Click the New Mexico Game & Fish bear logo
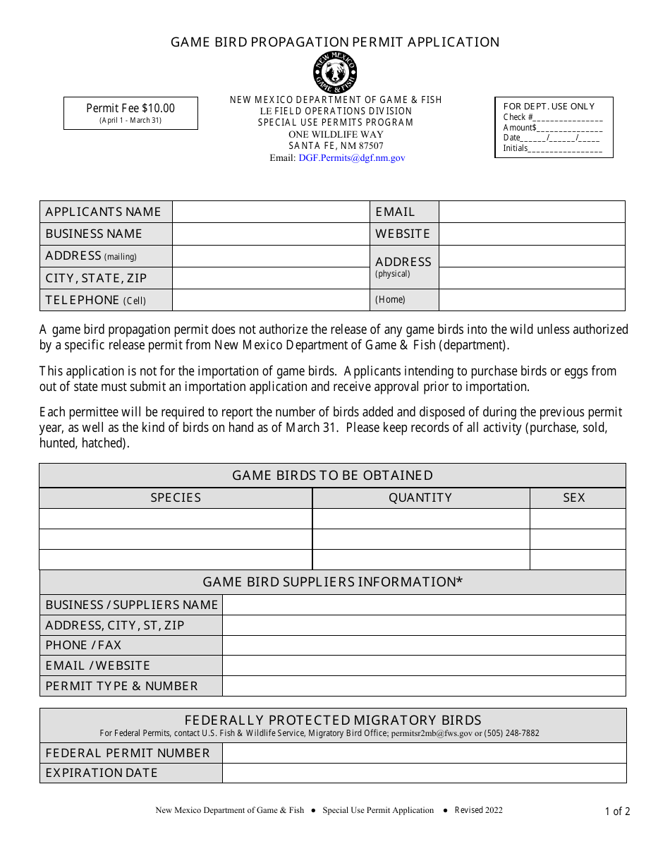click(x=335, y=73)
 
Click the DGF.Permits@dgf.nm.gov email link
click(x=351, y=158)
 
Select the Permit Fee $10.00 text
click(x=130, y=108)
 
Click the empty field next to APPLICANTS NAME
click(x=271, y=212)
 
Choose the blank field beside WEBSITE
click(x=532, y=234)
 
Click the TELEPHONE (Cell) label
click(x=96, y=300)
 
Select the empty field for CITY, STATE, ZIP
click(x=271, y=278)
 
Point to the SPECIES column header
click(x=176, y=498)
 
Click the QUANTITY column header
click(x=420, y=498)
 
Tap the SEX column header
click(x=574, y=498)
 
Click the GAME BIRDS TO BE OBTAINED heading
click(x=333, y=476)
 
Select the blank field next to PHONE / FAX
click(x=424, y=645)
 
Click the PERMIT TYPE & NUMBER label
click(x=121, y=686)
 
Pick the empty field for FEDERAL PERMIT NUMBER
click(x=424, y=753)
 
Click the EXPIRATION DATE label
click(x=102, y=773)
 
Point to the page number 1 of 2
click(x=617, y=812)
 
